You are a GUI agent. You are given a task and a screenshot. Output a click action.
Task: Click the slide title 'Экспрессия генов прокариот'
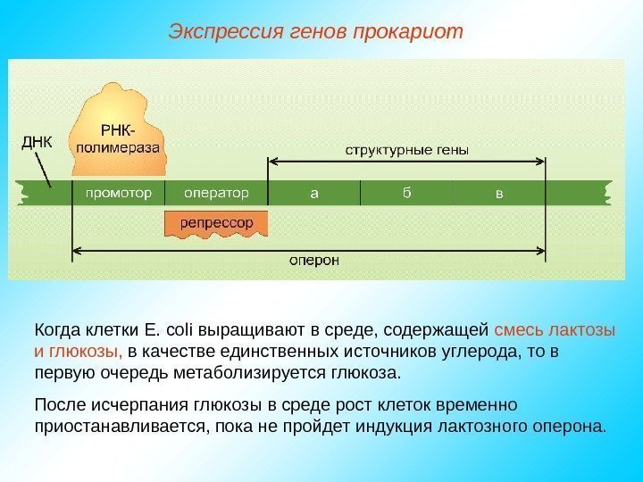coord(316,33)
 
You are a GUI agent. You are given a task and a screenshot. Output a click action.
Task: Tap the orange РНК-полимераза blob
coord(120,134)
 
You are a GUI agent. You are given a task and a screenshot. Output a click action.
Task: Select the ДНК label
coord(36,141)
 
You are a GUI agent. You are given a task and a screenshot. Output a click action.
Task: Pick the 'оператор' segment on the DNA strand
coord(215,192)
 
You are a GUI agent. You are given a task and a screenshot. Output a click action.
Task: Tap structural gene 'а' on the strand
coord(313,192)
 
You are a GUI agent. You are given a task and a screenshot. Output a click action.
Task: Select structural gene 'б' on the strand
coord(406,192)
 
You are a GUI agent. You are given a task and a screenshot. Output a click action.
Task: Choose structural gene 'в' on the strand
coord(498,192)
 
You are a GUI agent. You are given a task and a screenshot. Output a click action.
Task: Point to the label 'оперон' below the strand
coord(313,261)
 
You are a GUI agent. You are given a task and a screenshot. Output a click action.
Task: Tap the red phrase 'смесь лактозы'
coord(555,330)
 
